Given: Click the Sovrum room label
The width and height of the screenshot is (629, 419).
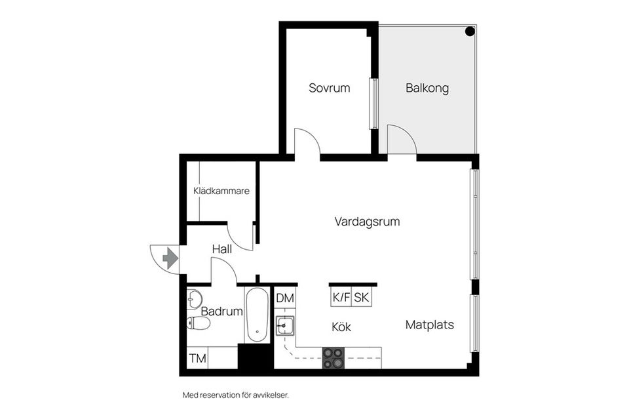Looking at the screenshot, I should pos(330,88).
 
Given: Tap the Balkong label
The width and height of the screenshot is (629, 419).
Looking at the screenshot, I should pos(427,88).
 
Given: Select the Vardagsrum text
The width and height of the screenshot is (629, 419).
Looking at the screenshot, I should pos(367,222).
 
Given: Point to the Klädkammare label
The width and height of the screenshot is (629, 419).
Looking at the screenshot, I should pos(221,191).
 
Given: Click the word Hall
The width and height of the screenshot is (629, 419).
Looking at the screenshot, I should pos(222,249).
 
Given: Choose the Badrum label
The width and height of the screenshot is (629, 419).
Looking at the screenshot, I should pos(221,311).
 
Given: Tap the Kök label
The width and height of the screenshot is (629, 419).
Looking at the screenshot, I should pos(341,327).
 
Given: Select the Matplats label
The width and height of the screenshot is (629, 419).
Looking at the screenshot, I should pos(430,325).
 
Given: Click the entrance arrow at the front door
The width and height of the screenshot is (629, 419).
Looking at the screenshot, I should pos(170,258).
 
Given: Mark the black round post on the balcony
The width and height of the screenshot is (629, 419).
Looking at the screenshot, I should pos(470,31).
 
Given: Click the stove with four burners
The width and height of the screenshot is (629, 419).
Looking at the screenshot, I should pos(334,358).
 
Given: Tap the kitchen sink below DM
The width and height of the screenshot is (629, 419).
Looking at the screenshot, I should pos(284,325).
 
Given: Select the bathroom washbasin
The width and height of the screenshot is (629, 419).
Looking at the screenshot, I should pos(195,300).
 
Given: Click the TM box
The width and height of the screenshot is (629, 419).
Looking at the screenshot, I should pos(197,359).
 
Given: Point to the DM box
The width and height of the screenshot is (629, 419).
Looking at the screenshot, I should pos(284,298).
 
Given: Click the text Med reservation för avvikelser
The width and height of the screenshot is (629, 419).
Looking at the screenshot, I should pos(235,395).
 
